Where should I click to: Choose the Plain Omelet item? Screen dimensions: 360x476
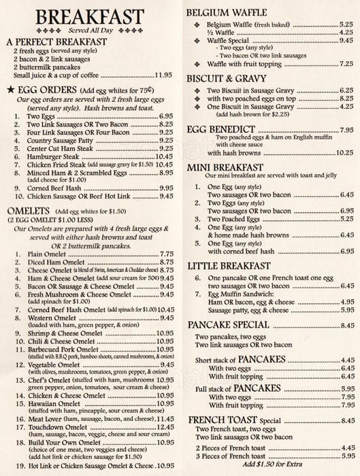48,253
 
